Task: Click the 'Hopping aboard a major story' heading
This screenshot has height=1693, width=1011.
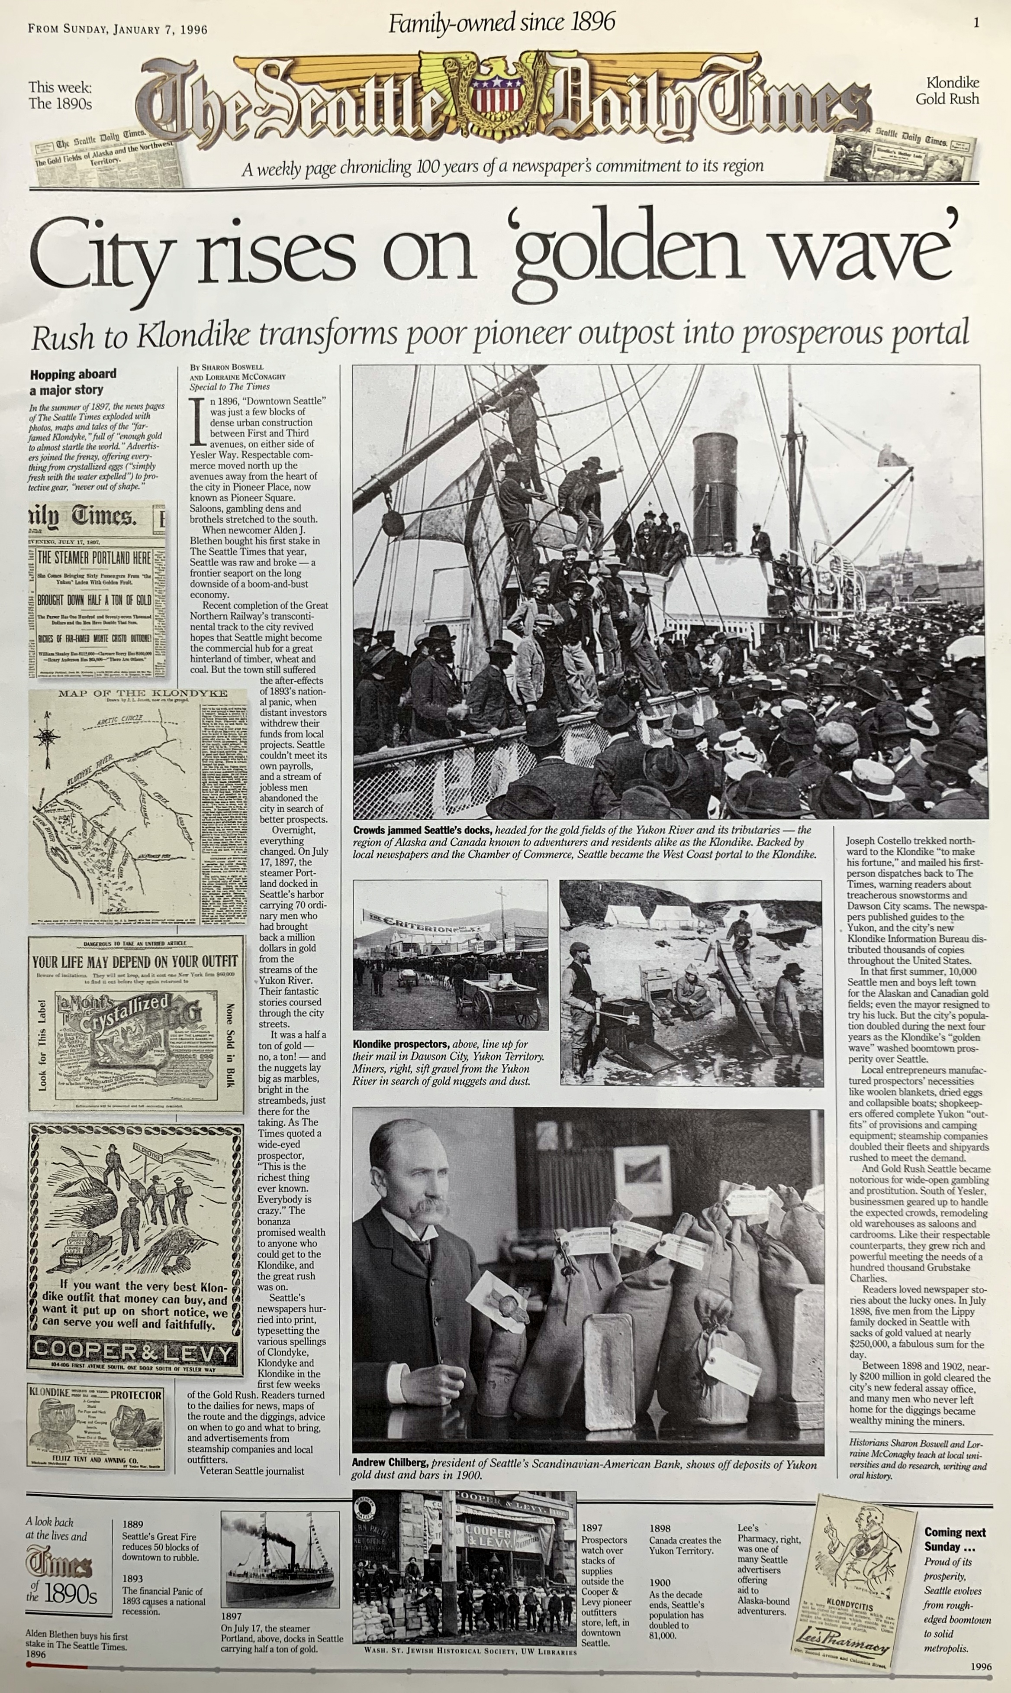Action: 72,381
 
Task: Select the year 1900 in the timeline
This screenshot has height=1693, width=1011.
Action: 660,1583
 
